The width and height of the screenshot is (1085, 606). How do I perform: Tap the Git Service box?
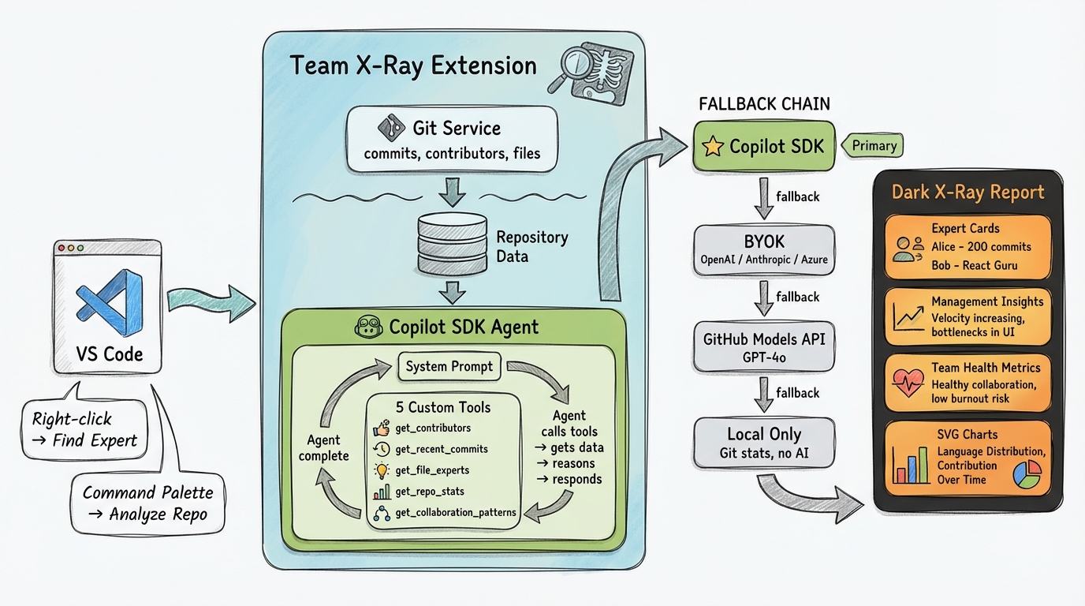point(452,140)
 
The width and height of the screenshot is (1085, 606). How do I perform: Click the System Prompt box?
point(449,366)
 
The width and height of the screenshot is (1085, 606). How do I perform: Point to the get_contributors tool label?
point(433,428)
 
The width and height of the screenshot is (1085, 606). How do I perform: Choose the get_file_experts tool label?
point(432,470)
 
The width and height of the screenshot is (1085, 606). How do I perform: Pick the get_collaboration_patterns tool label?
point(455,512)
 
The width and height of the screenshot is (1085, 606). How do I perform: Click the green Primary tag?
point(873,145)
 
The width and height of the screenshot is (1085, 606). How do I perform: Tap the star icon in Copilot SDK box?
point(712,147)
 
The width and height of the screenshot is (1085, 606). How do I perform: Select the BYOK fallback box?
point(763,249)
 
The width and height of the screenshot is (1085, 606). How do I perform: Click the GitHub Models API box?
point(763,347)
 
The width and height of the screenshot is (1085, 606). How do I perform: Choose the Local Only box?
point(763,442)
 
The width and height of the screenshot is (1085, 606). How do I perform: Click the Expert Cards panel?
point(968,247)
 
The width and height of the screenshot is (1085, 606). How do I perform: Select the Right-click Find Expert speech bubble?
point(84,429)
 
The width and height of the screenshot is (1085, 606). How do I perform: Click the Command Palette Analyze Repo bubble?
point(147,503)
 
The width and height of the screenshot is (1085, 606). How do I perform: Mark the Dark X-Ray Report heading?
point(968,192)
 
